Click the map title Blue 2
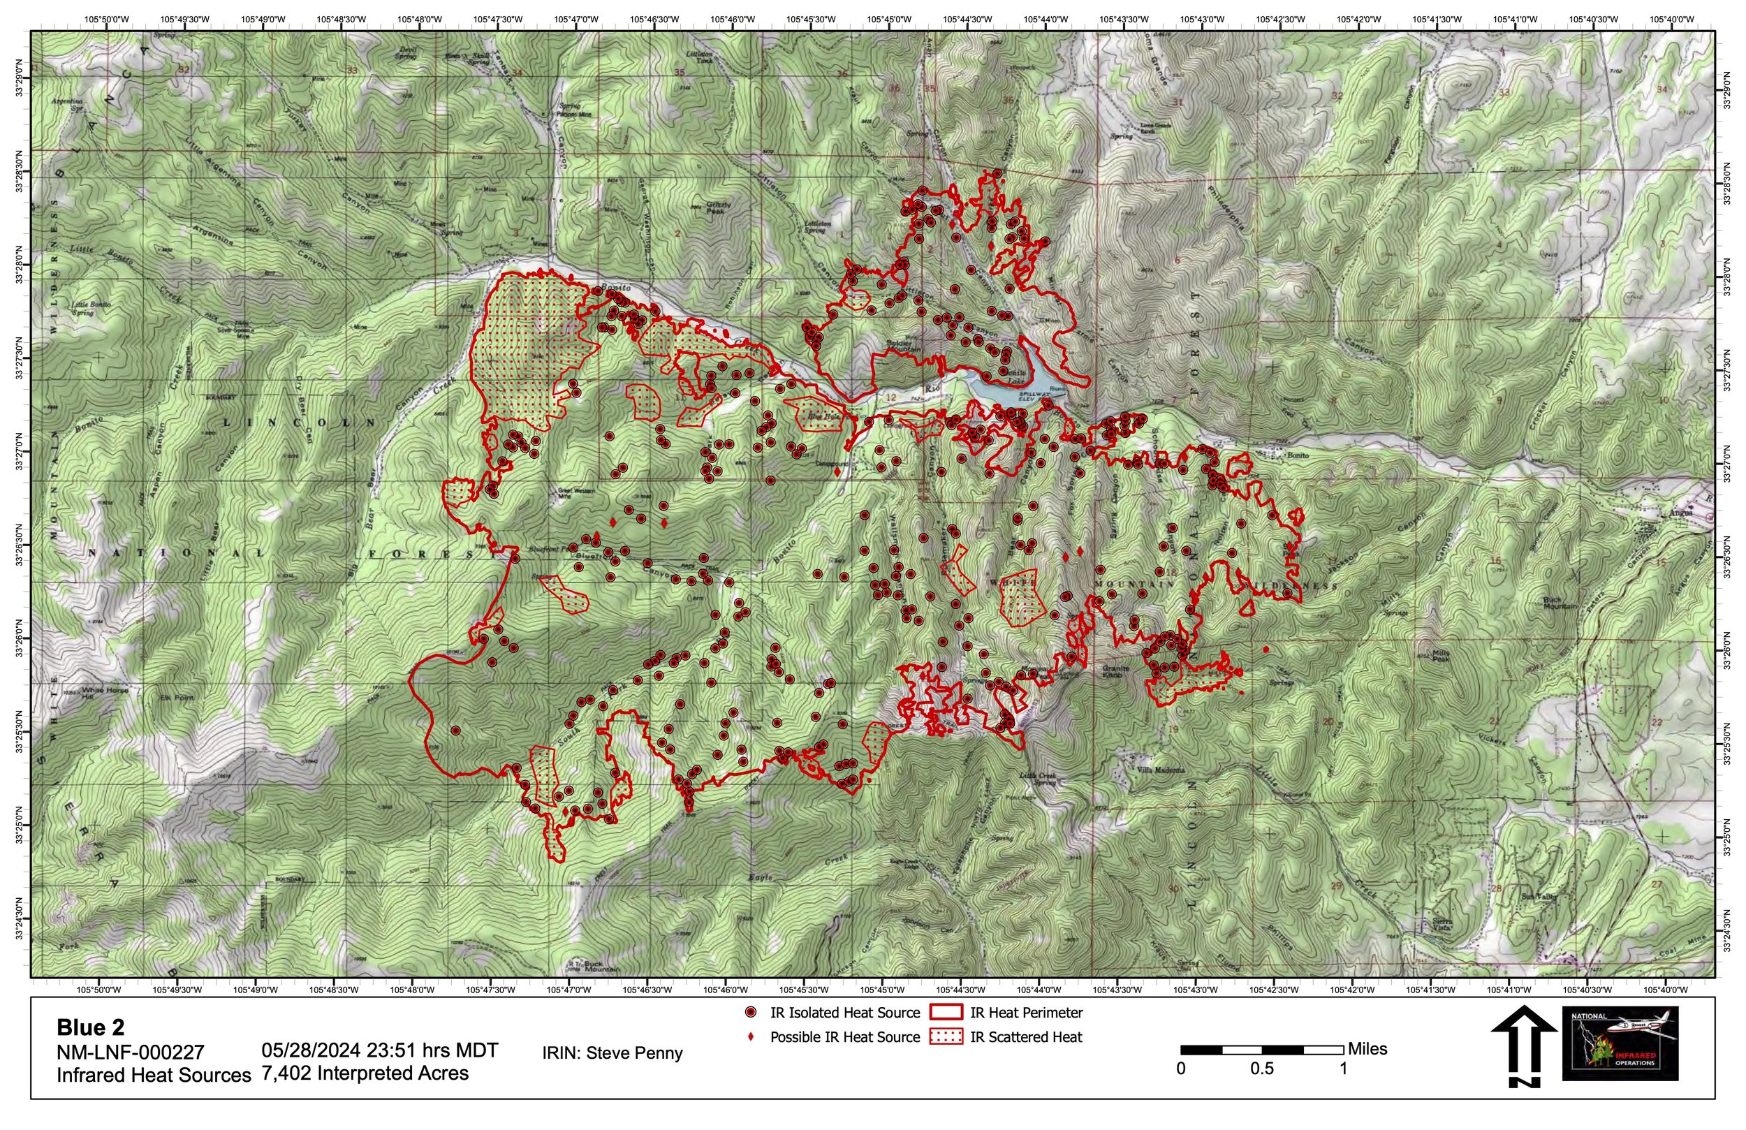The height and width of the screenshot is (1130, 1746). click(x=90, y=1027)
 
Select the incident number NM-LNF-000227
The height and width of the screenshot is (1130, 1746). click(x=130, y=1052)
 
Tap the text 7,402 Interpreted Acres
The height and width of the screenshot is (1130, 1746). click(x=365, y=1073)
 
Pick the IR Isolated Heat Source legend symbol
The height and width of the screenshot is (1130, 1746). click(x=751, y=1013)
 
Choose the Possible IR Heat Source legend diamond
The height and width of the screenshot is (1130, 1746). click(x=751, y=1037)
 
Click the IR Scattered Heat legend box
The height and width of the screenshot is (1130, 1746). click(x=946, y=1037)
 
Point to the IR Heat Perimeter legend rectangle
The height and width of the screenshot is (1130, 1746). click(x=946, y=1013)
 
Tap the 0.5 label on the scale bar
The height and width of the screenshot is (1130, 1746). click(x=1262, y=1069)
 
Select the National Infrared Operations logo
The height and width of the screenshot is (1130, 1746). click(x=1620, y=1043)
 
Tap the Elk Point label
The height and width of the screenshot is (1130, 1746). click(x=177, y=698)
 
